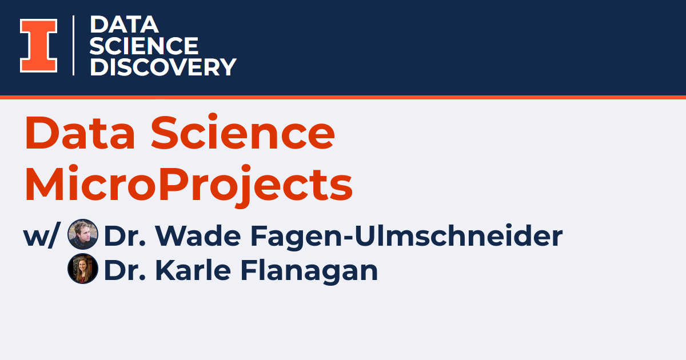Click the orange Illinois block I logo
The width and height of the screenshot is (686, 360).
click(x=38, y=46)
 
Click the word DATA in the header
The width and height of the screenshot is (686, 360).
click(x=123, y=25)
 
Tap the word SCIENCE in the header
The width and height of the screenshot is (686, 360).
click(x=144, y=46)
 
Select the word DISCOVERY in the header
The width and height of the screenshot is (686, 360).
click(x=163, y=67)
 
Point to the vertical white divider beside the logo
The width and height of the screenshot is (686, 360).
click(x=74, y=46)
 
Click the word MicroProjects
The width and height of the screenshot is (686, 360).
click(x=188, y=184)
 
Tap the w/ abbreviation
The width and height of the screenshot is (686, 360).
click(x=41, y=235)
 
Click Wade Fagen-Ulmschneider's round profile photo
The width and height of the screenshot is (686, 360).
click(x=83, y=235)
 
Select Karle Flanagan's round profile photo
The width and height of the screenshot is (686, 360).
click(x=83, y=269)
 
